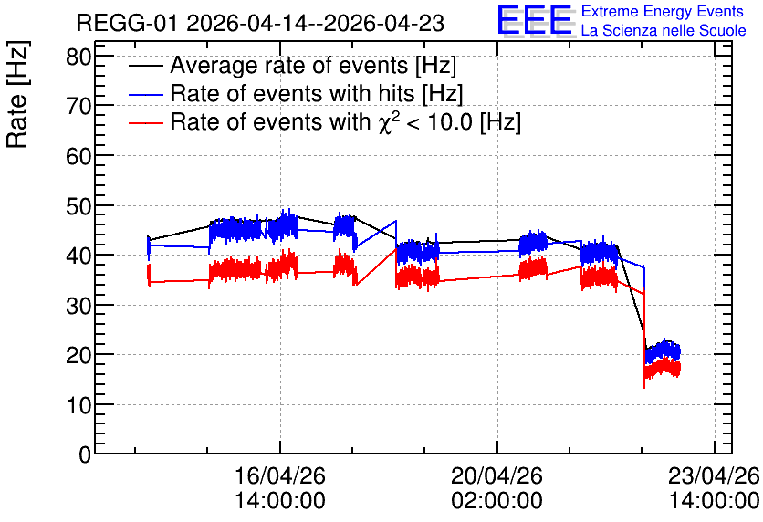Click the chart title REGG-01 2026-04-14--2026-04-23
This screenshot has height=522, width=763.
[260, 23]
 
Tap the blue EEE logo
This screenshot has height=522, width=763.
[535, 20]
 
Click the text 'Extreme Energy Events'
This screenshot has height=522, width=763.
[663, 11]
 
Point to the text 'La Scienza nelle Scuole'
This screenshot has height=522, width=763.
[664, 30]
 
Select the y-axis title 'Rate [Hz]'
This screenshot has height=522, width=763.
[18, 94]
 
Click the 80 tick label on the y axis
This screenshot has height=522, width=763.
[78, 57]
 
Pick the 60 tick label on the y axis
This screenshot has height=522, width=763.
[78, 157]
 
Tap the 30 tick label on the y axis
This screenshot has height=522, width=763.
[78, 306]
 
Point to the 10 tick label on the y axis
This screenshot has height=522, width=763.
[78, 405]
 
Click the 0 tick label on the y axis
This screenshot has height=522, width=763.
[85, 454]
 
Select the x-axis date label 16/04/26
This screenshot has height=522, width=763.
[280, 475]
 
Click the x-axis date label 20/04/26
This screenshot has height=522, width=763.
[496, 475]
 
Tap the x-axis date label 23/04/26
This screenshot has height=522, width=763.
[714, 475]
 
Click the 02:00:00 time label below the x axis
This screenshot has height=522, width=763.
[496, 500]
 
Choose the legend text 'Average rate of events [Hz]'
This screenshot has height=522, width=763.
[313, 65]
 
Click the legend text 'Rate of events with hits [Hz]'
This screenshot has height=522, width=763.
[317, 93]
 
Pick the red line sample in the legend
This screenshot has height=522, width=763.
[145, 123]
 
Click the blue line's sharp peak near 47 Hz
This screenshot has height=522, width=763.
[396, 221]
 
